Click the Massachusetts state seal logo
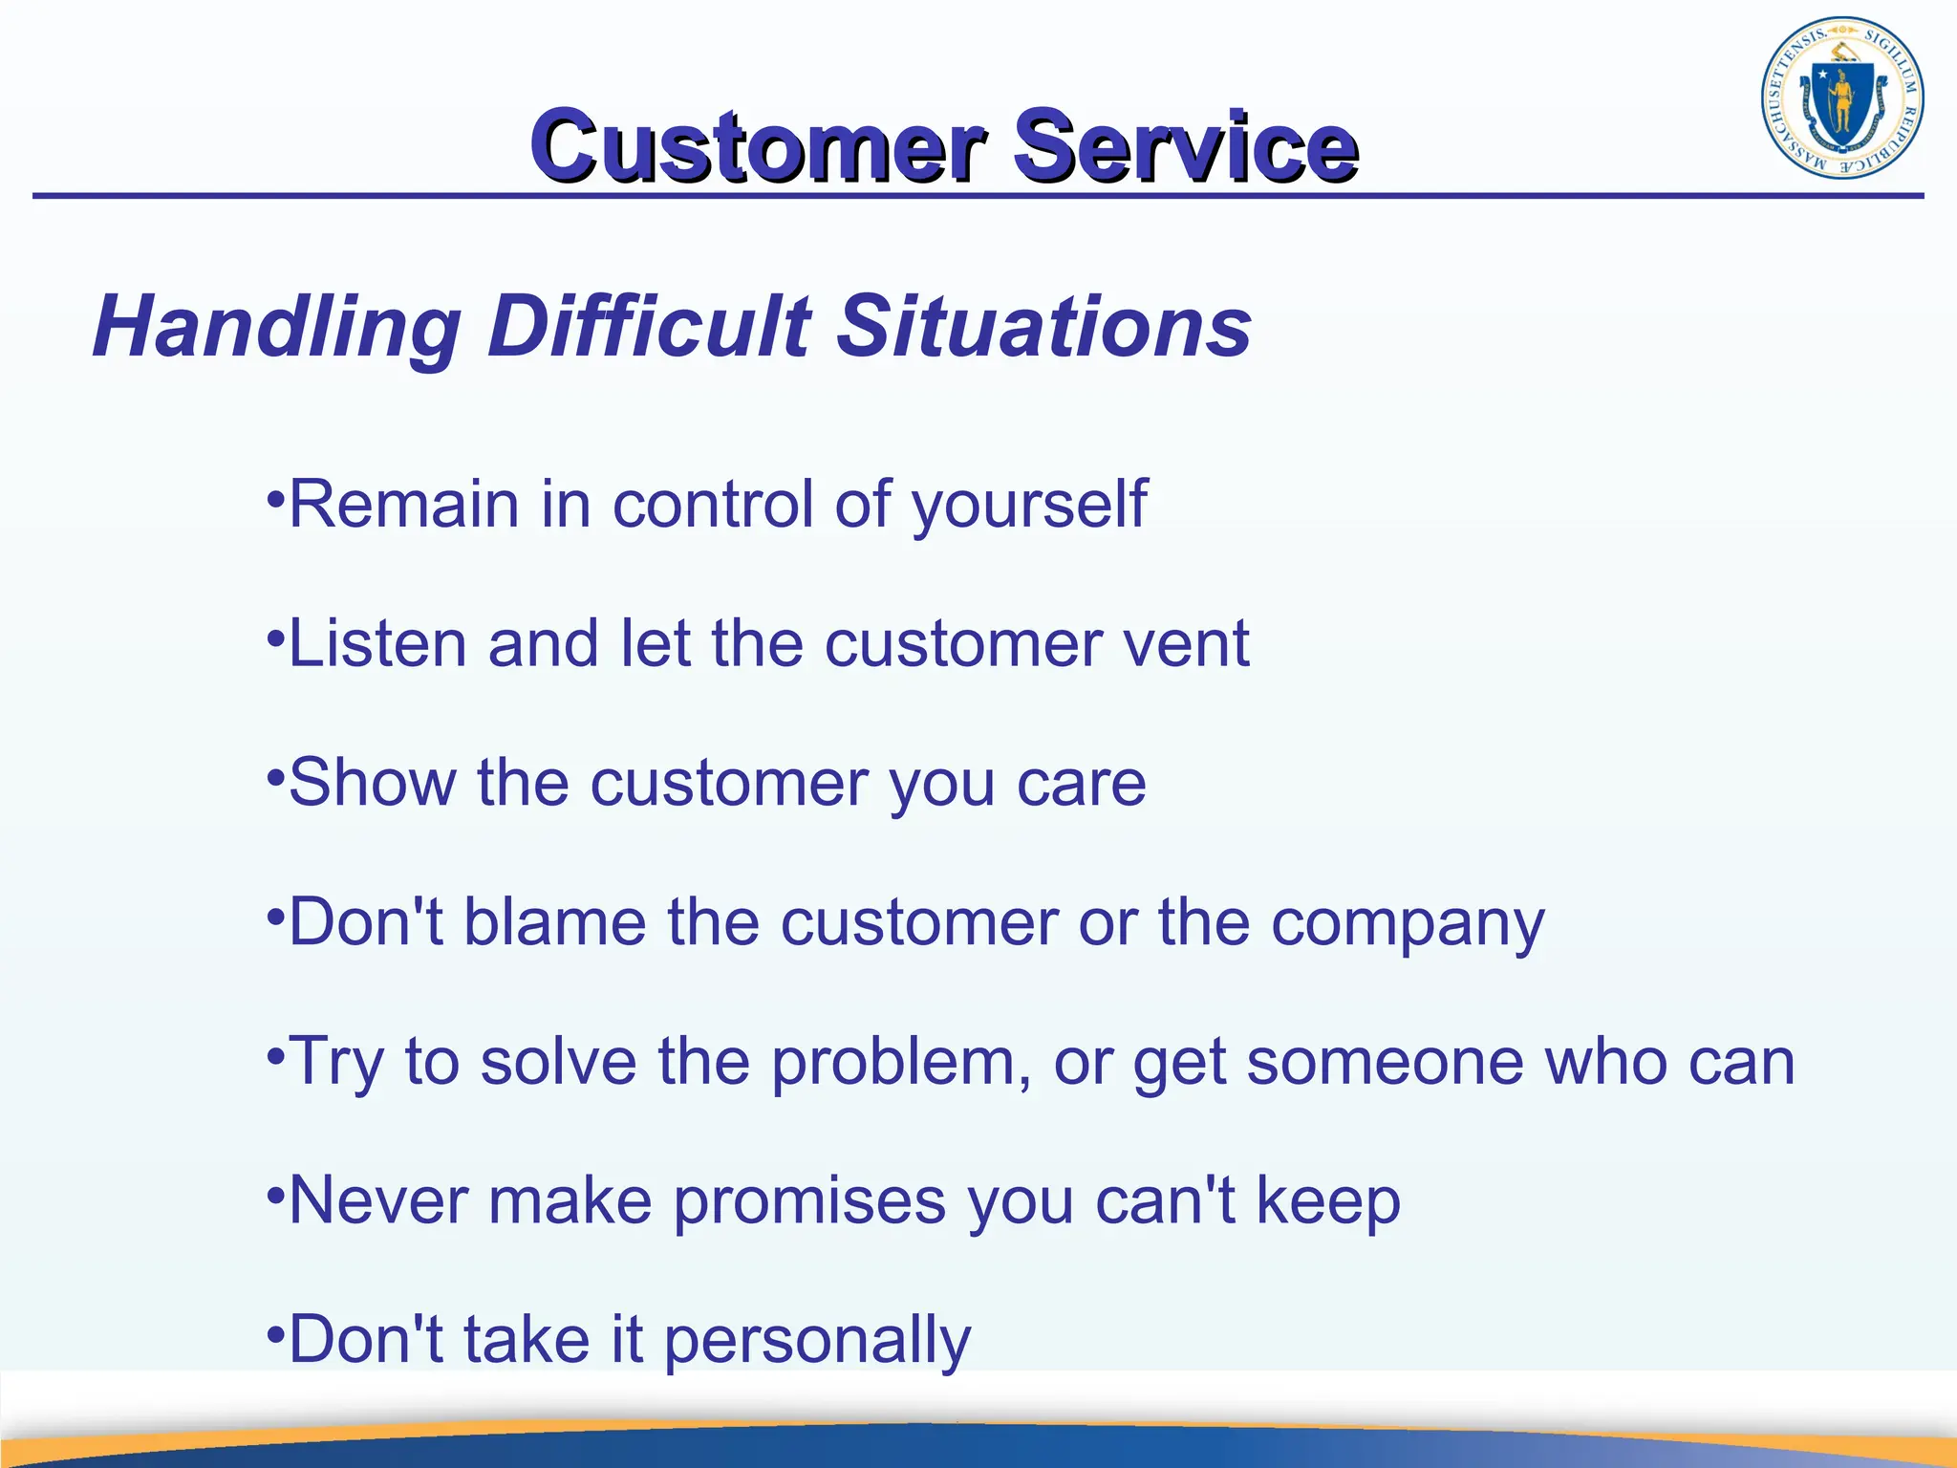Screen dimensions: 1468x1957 [x=1841, y=97]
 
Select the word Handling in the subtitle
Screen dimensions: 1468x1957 [x=277, y=327]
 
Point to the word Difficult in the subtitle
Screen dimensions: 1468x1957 [x=650, y=327]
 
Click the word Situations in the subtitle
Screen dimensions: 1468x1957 [x=1043, y=327]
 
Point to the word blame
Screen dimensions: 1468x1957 [x=555, y=922]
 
